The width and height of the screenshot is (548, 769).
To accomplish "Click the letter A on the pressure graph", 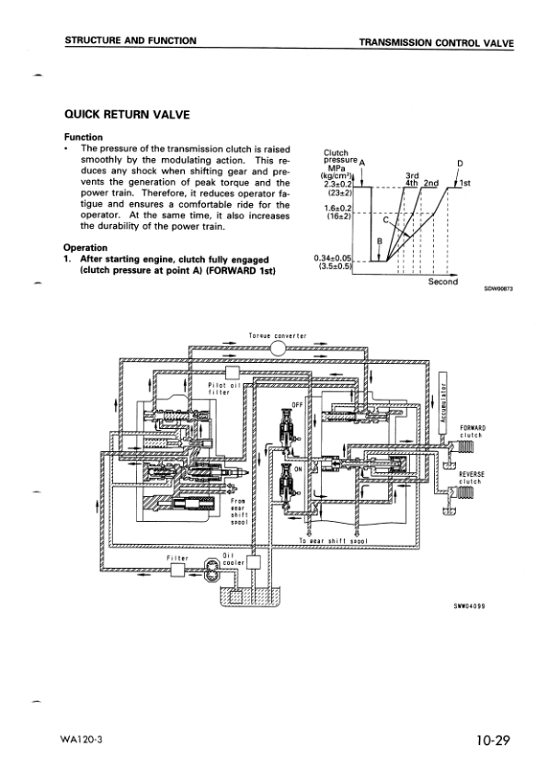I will point(362,163).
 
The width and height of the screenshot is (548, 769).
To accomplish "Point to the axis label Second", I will point(443,281).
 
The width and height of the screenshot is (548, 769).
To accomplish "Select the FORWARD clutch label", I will point(473,432).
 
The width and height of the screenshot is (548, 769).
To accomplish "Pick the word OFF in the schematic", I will point(296,404).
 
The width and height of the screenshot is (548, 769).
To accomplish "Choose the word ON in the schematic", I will point(298,467).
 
